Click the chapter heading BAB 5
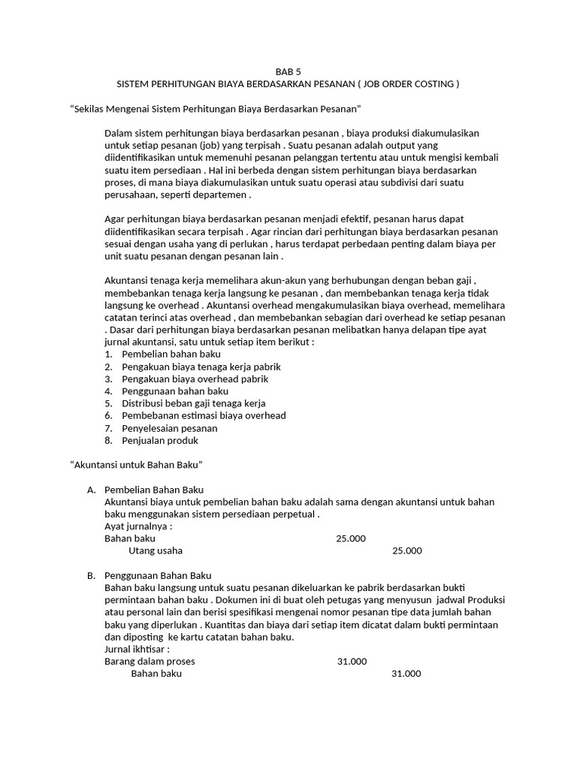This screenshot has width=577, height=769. (x=288, y=71)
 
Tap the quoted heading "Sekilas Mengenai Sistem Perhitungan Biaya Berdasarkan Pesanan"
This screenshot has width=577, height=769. (x=216, y=110)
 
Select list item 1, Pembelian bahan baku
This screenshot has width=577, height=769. (x=162, y=354)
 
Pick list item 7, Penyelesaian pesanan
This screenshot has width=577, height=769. (x=170, y=428)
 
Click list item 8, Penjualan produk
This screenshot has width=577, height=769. (x=160, y=440)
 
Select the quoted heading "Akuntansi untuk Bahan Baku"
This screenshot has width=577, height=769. (x=137, y=465)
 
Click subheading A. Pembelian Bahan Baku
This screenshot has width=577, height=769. (x=154, y=490)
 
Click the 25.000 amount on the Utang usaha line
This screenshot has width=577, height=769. (x=406, y=550)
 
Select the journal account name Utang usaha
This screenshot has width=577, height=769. (x=156, y=550)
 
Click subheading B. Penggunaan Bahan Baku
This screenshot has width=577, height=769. (x=159, y=575)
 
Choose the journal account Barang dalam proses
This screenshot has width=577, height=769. (x=150, y=662)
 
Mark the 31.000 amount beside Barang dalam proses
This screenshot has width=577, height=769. (x=352, y=662)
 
